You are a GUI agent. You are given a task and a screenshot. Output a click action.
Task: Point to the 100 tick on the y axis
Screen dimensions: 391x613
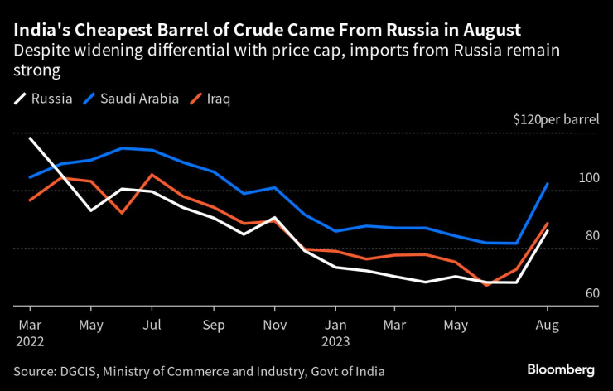(x=588, y=178)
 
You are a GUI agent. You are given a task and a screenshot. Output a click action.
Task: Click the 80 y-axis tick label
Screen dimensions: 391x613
(x=591, y=235)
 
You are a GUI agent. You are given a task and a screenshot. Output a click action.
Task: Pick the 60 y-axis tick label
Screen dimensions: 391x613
(x=591, y=293)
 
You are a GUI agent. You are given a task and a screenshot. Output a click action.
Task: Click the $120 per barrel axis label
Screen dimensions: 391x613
(x=554, y=120)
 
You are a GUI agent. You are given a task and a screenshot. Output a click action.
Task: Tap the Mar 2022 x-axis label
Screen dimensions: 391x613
(x=29, y=332)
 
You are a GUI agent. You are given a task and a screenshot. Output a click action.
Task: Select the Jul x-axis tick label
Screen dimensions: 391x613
(x=151, y=325)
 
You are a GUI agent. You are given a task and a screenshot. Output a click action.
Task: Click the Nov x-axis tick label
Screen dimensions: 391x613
(x=274, y=325)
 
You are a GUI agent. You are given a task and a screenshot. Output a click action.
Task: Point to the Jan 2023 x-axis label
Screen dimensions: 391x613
(x=335, y=332)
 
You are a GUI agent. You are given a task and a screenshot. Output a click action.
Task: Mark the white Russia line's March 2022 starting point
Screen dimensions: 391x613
(x=30, y=138)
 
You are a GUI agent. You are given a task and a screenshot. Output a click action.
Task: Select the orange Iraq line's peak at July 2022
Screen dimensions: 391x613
(x=152, y=175)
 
